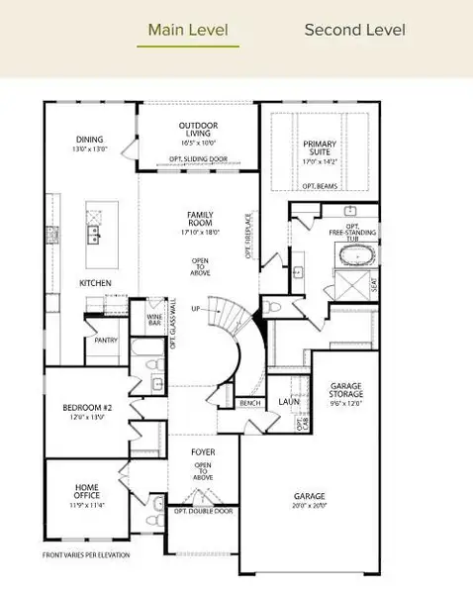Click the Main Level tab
pyautogui.click(x=193, y=29)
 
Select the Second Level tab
pyautogui.click(x=354, y=29)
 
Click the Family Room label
pyautogui.click(x=201, y=219)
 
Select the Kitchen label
pyautogui.click(x=96, y=283)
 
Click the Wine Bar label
pyautogui.click(x=152, y=319)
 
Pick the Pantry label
pyautogui.click(x=107, y=340)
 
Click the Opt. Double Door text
pyautogui.click(x=204, y=511)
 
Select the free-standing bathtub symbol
pyautogui.click(x=355, y=257)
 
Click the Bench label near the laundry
pyautogui.click(x=250, y=403)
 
